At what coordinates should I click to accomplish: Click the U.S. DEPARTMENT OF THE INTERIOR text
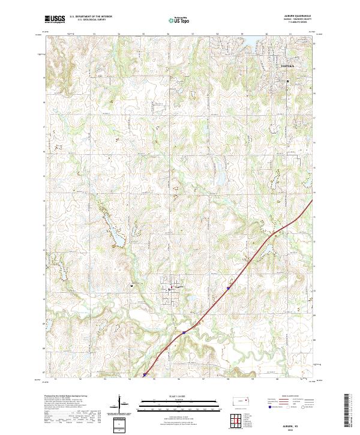pos(90,17)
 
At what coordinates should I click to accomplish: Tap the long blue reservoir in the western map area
pos(116,238)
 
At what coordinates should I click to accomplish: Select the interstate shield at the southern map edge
pos(146,376)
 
